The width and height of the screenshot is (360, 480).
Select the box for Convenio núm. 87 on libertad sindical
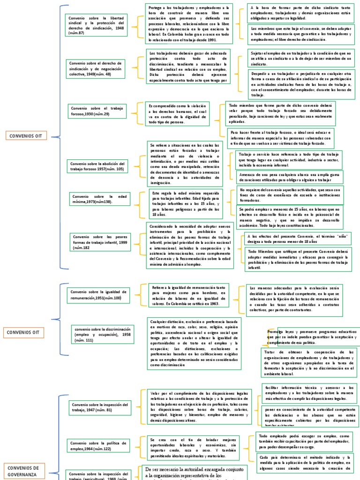(x=96, y=25)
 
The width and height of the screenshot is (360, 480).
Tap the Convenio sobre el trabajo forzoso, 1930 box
(x=97, y=111)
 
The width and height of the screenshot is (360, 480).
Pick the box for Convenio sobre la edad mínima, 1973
(x=99, y=199)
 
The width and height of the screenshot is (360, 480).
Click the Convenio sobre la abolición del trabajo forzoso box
(x=97, y=166)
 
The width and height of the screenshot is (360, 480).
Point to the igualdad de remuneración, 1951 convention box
(x=96, y=295)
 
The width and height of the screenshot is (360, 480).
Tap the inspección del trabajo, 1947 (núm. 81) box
(x=99, y=407)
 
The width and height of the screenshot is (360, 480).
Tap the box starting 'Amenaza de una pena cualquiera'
(x=288, y=177)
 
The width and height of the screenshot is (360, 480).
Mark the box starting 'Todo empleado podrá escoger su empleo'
(x=304, y=441)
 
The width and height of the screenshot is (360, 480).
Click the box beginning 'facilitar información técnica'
(x=308, y=393)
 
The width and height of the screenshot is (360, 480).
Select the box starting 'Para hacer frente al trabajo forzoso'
(x=281, y=139)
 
